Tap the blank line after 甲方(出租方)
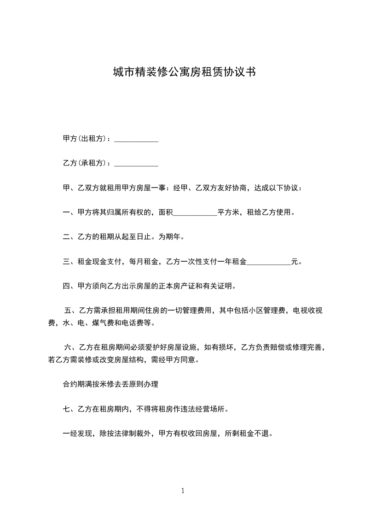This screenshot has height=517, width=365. (x=136, y=140)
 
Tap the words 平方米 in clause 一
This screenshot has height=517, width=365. (x=228, y=213)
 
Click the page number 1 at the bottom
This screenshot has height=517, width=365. (x=183, y=491)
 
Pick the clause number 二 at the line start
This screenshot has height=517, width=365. (x=66, y=238)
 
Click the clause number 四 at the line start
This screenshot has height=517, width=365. (x=66, y=287)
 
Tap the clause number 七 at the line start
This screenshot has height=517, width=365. (x=66, y=409)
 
